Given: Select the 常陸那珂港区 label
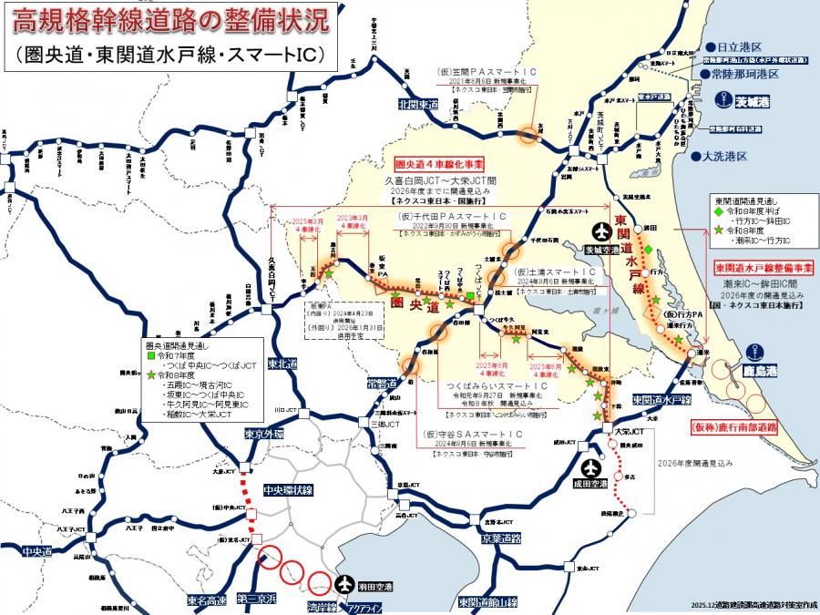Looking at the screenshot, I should (745, 74).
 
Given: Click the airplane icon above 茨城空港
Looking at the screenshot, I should (600, 231).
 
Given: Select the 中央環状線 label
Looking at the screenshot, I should (287, 490).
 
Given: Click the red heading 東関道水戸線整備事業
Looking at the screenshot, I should (763, 269).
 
